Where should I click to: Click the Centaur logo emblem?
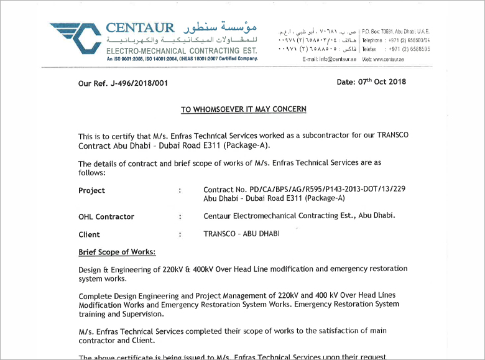[x=76, y=39]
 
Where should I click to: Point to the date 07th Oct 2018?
[x=372, y=81]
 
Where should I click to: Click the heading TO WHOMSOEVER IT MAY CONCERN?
[x=243, y=109]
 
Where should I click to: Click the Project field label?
[x=91, y=190]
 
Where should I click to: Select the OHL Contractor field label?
[x=106, y=217]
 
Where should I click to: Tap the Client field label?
[x=89, y=234]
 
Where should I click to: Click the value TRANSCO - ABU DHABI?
[x=241, y=234]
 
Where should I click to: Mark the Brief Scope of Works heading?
[x=117, y=252]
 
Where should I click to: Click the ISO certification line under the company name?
[x=182, y=58]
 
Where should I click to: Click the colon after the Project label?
[x=180, y=190]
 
